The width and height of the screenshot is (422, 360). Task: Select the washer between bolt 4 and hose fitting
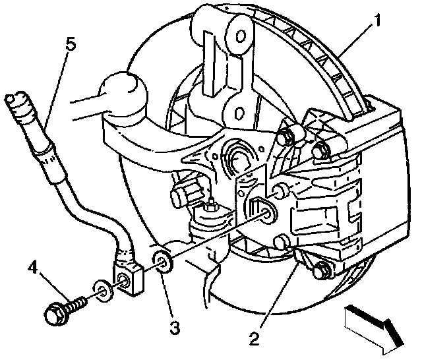pos(101,289)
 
